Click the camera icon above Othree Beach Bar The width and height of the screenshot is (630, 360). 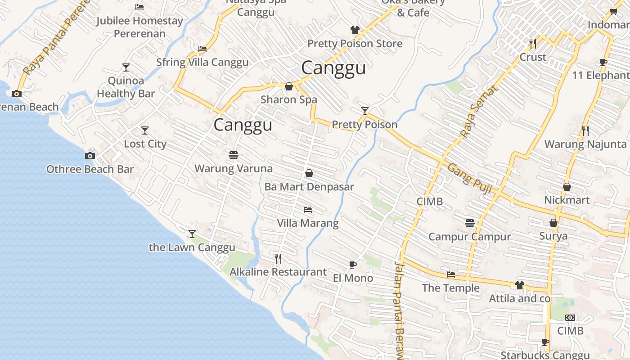90,156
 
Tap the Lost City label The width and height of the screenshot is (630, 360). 145,144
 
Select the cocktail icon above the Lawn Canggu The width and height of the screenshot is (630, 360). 192,234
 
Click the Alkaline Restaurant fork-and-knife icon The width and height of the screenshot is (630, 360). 278,259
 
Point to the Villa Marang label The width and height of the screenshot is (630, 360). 307,223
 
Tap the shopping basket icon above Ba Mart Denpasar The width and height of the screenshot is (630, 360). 309,173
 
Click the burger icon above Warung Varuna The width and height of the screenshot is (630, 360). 233,156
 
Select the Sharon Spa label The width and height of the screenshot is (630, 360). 289,100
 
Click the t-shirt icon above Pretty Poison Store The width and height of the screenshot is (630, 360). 355,30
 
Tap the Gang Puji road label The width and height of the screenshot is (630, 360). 469,176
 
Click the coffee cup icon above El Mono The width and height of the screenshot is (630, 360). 352,265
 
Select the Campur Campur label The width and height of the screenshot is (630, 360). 469,237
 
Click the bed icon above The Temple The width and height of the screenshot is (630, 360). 450,274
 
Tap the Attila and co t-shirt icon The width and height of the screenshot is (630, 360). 519,285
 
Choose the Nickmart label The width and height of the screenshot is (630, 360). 567,200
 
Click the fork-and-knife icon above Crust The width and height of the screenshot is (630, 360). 533,44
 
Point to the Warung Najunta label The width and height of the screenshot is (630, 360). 585,144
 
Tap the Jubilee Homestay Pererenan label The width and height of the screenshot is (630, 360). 139,27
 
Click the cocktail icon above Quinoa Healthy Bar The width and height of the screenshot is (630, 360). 126,67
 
